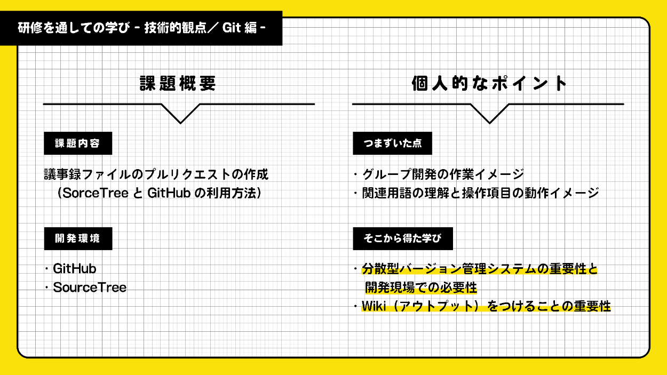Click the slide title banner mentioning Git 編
click(x=141, y=28)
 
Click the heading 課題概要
click(x=178, y=84)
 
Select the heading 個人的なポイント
click(x=489, y=84)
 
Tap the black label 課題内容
click(x=77, y=143)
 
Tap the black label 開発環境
click(x=77, y=238)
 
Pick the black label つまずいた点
click(x=392, y=143)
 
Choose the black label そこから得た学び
click(x=402, y=238)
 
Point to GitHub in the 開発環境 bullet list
click(x=75, y=269)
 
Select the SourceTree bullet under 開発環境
click(x=90, y=288)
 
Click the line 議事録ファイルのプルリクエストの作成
click(x=156, y=174)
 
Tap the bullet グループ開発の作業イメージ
click(x=443, y=174)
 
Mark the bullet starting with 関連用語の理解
click(x=480, y=193)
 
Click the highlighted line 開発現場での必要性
click(x=420, y=288)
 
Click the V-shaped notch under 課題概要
click(x=180, y=113)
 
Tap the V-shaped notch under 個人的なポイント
click(x=489, y=113)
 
